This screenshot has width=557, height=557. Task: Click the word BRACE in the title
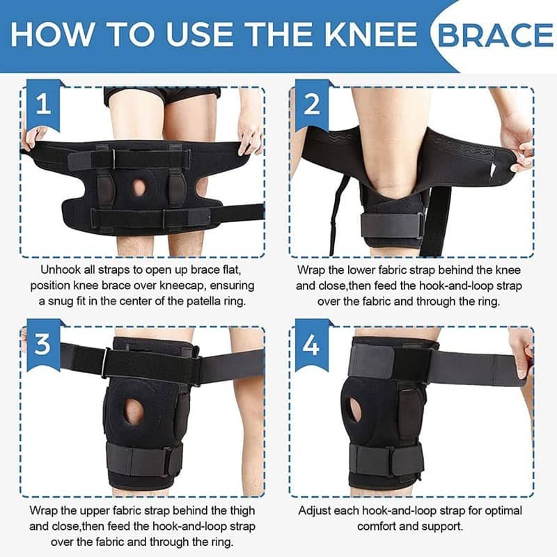495,34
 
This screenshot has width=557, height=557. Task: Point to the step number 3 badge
43,344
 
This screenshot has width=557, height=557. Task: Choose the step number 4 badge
312,344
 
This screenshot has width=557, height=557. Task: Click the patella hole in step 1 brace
139,187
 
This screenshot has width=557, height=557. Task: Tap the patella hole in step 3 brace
134,411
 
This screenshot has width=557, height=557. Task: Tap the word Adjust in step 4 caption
315,511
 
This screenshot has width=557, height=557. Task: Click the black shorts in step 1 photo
162,93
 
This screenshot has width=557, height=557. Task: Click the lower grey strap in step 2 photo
393,226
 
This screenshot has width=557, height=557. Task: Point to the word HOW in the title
51,34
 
